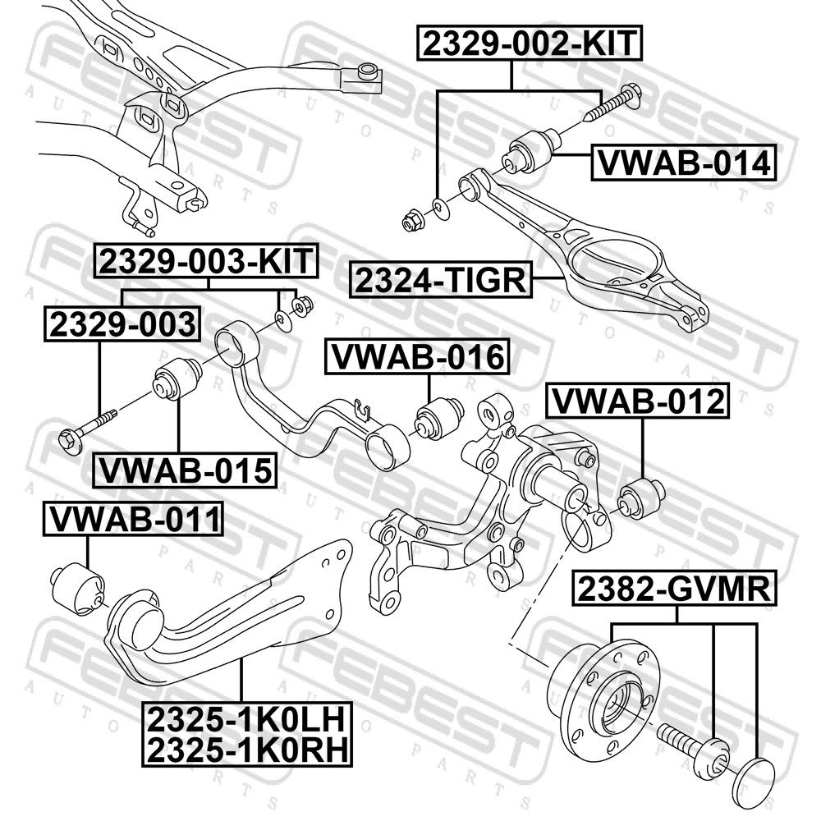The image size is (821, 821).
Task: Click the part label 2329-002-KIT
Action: coord(530,44)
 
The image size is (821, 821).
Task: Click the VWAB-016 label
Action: coord(418,357)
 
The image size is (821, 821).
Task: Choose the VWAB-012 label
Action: coord(638,401)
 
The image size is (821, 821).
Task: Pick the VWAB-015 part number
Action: coord(186,470)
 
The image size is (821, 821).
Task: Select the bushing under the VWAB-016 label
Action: coord(438,418)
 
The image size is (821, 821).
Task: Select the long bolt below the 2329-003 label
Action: coord(90,429)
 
